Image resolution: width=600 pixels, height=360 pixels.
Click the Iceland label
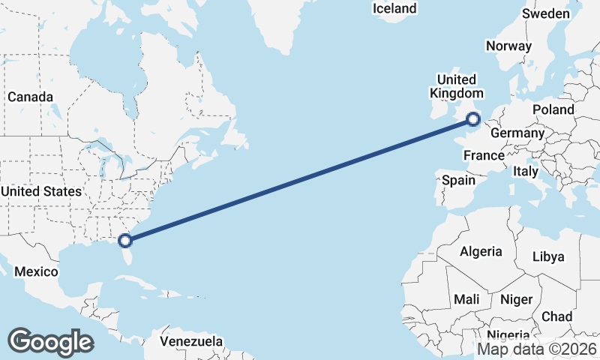tap(394, 9)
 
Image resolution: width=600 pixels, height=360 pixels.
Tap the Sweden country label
tap(546, 14)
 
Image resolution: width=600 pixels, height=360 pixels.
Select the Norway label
tap(508, 46)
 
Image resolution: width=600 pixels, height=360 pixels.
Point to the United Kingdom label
tap(457, 86)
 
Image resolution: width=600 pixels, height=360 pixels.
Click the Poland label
tap(553, 109)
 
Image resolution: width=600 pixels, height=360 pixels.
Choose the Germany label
tap(517, 133)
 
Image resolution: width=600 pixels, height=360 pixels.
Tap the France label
tap(483, 156)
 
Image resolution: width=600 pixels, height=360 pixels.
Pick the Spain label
tap(458, 180)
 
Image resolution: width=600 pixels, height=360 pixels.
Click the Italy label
tap(526, 172)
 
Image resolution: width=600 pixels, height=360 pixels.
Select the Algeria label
tap(480, 251)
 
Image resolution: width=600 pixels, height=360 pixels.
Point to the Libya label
tap(547, 256)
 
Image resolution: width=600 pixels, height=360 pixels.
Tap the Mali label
tap(466, 299)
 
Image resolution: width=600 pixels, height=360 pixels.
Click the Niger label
tap(516, 299)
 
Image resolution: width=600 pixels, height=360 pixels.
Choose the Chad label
tap(556, 316)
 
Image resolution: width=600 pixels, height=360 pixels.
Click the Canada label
tap(30, 97)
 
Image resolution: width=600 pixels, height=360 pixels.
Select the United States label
tap(41, 191)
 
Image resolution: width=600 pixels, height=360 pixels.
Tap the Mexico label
tap(37, 271)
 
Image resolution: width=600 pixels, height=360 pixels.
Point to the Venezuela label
tap(191, 341)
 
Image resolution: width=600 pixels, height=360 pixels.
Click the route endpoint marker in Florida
tap(126, 241)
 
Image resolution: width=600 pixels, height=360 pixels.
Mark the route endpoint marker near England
tap(473, 118)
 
